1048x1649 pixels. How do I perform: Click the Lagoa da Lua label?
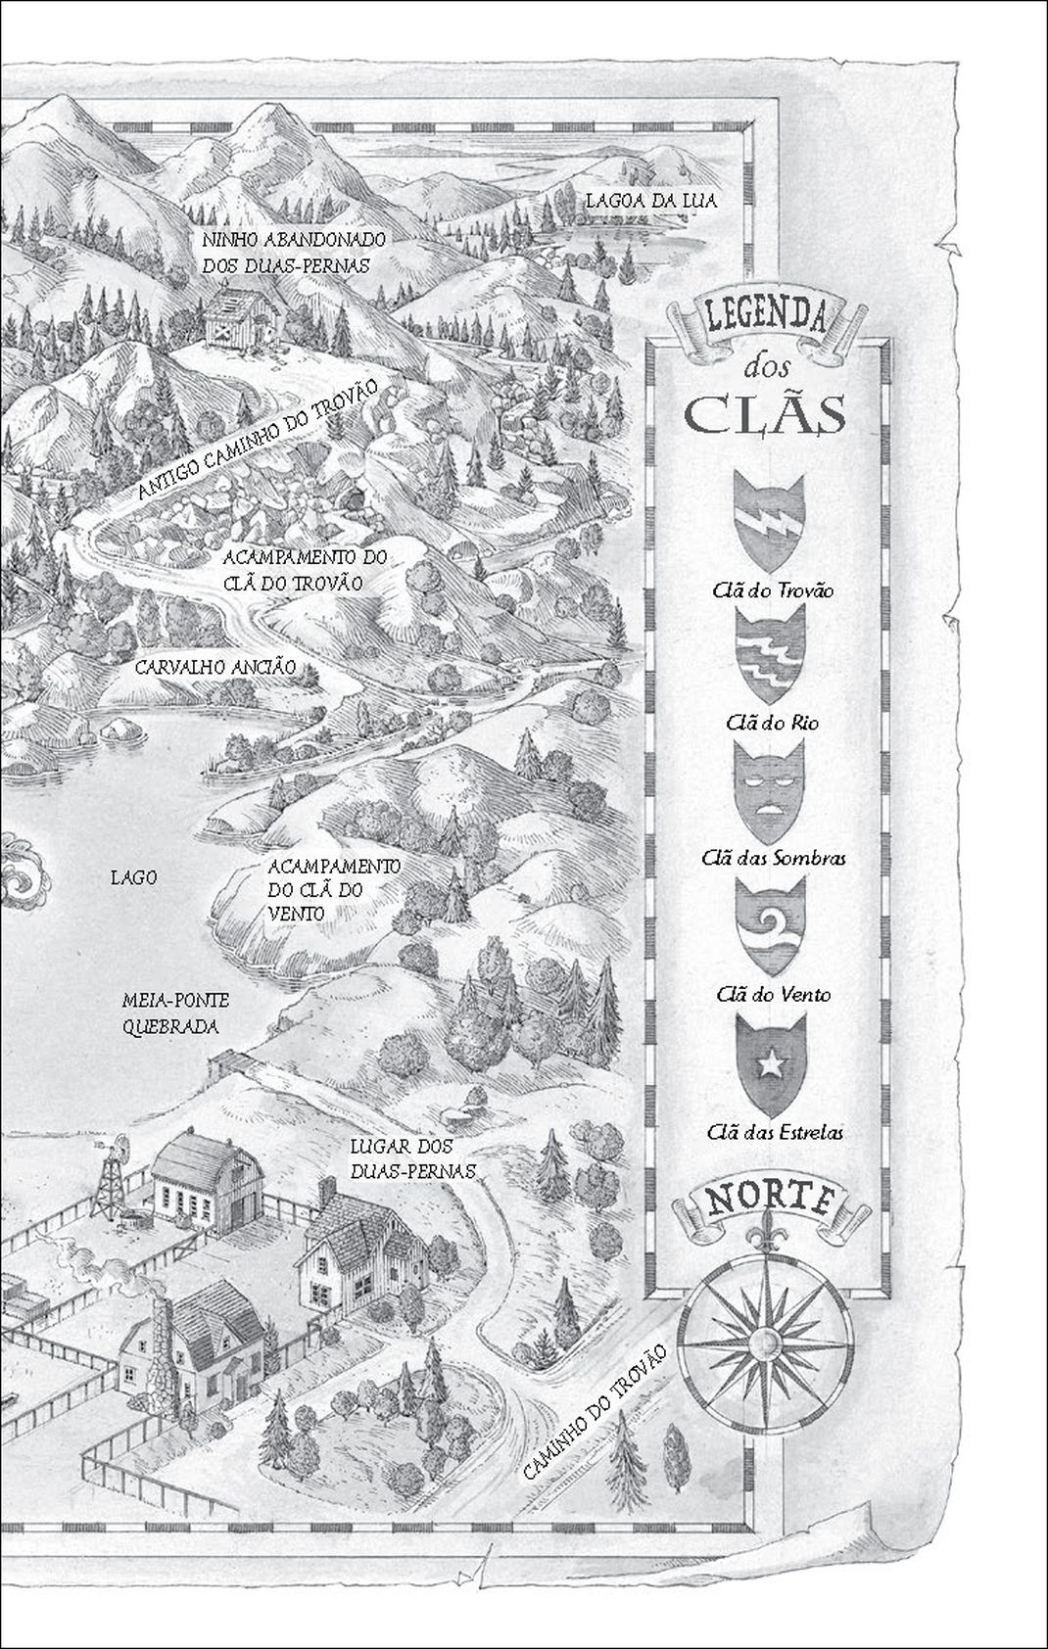tap(651, 201)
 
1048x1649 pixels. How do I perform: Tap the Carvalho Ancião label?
tap(214, 667)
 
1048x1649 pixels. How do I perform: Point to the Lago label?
tap(133, 877)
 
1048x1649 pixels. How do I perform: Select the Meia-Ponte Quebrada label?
tap(176, 1013)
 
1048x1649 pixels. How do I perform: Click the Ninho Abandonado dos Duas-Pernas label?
tap(294, 252)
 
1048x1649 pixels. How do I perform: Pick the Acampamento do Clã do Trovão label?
tap(305, 570)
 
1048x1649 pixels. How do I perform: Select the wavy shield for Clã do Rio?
tap(769, 654)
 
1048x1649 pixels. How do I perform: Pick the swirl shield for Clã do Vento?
tap(769, 924)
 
